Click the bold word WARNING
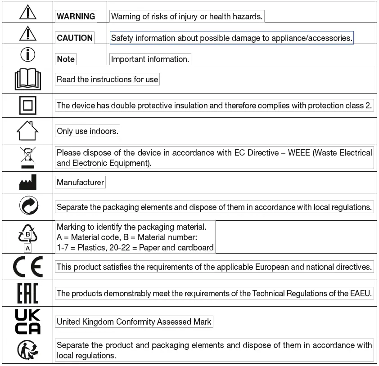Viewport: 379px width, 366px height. pyautogui.click(x=76, y=17)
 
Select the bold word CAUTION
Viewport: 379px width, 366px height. pyautogui.click(x=75, y=38)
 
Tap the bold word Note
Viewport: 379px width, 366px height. pyautogui.click(x=66, y=59)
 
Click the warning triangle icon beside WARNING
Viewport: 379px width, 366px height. pyautogui.click(x=28, y=12)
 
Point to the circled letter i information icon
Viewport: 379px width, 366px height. pyautogui.click(x=28, y=54)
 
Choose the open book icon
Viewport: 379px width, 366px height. pyautogui.click(x=28, y=80)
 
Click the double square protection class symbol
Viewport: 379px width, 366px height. pyautogui.click(x=28, y=106)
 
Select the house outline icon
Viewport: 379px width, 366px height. pyautogui.click(x=28, y=131)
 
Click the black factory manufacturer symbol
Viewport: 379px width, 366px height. pyautogui.click(x=28, y=183)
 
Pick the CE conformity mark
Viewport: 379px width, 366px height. pyautogui.click(x=28, y=267)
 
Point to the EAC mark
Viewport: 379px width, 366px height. pyautogui.click(x=28, y=293)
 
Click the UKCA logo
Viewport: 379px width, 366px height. pyautogui.click(x=28, y=321)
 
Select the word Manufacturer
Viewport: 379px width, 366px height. pyautogui.click(x=81, y=183)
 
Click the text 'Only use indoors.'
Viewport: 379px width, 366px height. pyautogui.click(x=88, y=131)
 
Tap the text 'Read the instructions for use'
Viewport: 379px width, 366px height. pyautogui.click(x=108, y=80)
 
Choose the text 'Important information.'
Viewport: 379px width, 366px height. pyautogui.click(x=150, y=59)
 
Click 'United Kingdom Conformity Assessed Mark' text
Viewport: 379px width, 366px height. pyautogui.click(x=134, y=321)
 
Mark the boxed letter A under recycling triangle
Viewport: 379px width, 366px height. pyautogui.click(x=28, y=248)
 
